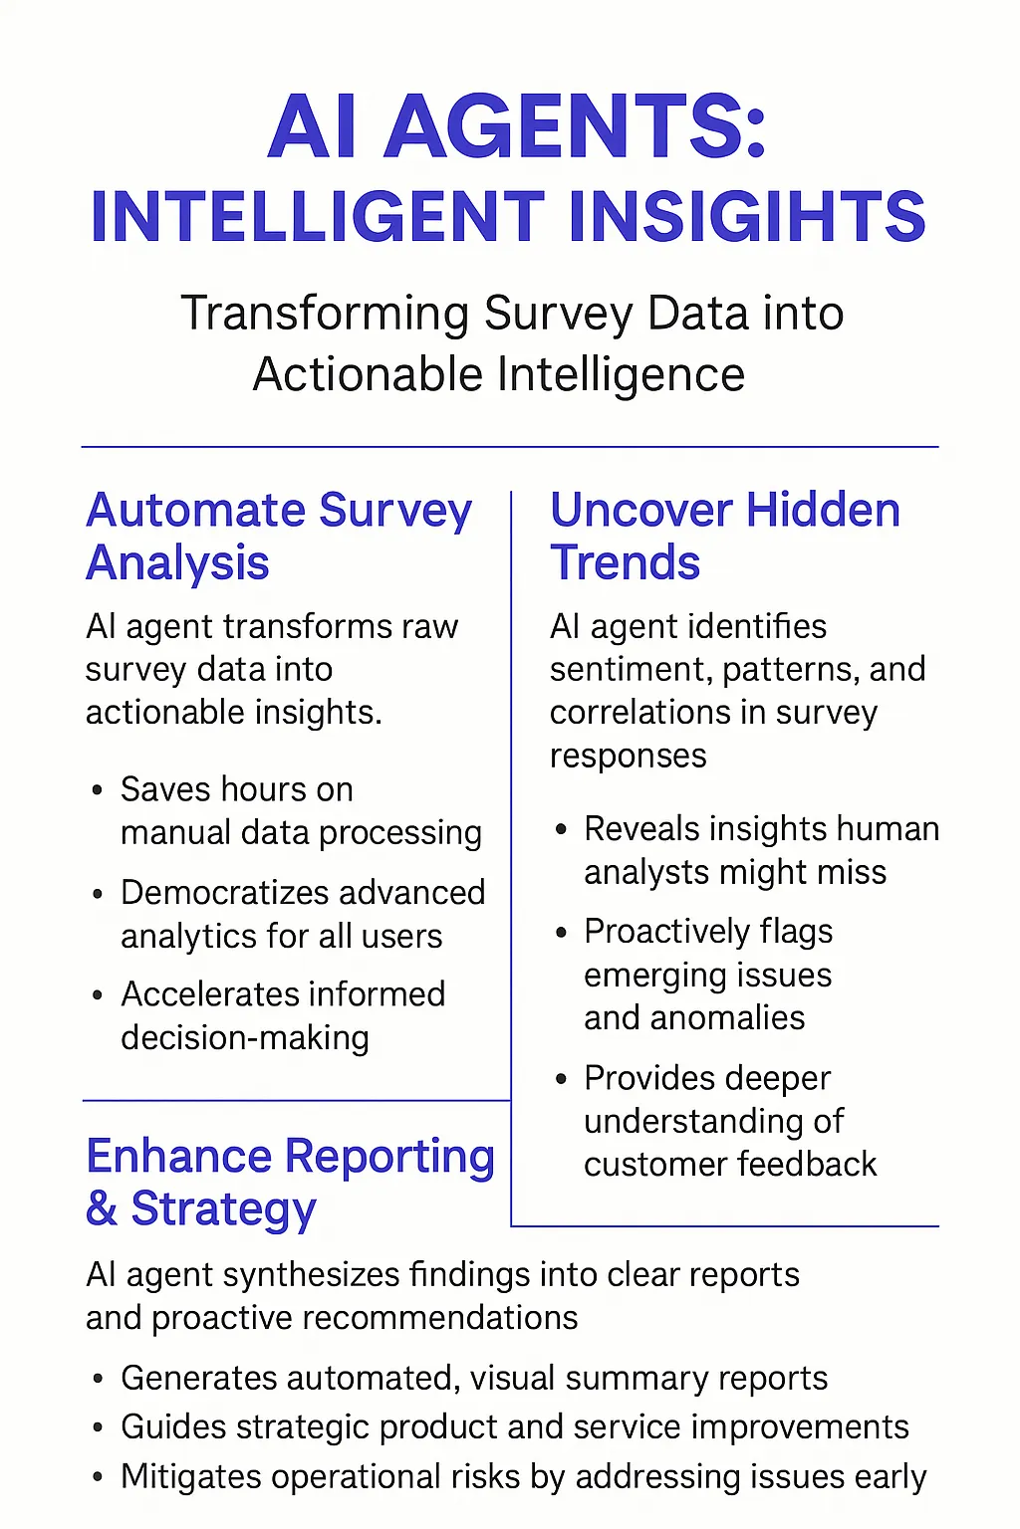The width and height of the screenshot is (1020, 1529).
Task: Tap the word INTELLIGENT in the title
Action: coord(318,217)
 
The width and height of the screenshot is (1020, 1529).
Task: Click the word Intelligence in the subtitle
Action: coord(621,375)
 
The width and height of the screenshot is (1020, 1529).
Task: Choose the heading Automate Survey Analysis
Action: coord(278,536)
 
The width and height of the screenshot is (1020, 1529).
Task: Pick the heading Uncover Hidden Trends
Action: coord(724,536)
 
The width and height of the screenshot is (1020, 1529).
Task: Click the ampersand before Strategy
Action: coord(102,1208)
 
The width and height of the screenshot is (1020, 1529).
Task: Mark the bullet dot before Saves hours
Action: coord(97,791)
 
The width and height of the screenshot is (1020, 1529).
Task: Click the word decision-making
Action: coord(245,1038)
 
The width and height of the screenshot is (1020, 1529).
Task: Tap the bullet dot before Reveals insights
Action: coord(562,829)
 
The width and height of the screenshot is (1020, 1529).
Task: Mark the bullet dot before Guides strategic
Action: coord(97,1428)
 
